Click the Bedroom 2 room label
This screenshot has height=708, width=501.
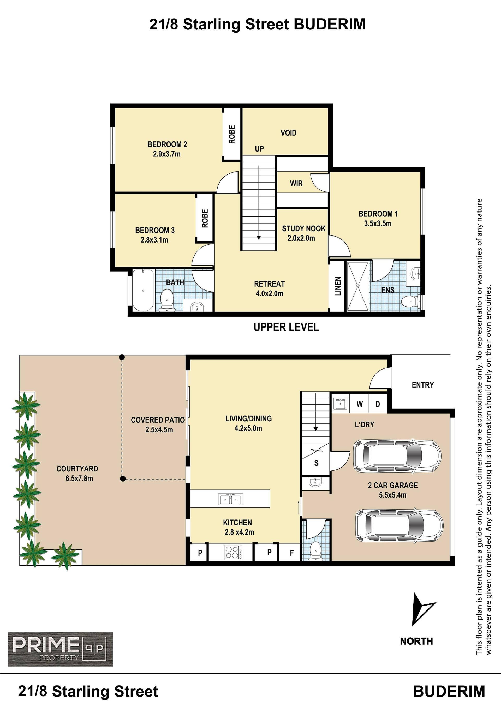point(167,144)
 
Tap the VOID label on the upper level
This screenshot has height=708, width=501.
point(288,133)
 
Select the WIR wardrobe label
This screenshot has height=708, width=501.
point(296,184)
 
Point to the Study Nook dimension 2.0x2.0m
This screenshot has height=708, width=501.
point(301,238)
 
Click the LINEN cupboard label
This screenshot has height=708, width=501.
point(338,286)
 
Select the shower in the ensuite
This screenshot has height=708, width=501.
point(357,286)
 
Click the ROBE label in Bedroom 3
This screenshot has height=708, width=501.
point(205,218)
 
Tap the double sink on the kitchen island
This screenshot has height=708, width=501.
point(230,499)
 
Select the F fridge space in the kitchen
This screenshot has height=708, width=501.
point(291,553)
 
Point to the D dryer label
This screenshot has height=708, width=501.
point(378,404)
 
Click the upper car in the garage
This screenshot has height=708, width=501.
point(397,456)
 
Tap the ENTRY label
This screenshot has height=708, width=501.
point(423,385)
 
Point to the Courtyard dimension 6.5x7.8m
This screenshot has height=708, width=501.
point(79,479)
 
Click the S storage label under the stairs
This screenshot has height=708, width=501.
point(316,463)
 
